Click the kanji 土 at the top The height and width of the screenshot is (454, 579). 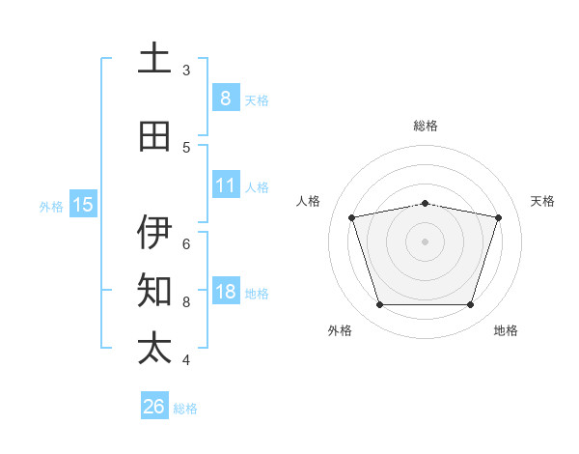pos(154,59)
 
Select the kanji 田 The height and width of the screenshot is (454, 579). pos(154,136)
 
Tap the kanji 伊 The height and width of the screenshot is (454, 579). pos(154,233)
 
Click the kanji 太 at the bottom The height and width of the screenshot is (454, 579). pos(154,349)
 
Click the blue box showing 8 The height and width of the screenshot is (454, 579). pos(225,99)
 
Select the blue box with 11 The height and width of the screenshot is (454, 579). pos(225,186)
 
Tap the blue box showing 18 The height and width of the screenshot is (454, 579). pos(225,293)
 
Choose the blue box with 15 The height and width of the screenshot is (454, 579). pos(83,205)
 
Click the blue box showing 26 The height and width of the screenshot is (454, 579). pos(153,407)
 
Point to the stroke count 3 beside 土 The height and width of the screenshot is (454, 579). pos(186,70)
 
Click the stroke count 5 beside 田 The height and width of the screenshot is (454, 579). pos(186,147)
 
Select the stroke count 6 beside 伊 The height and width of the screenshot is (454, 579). pos(186,243)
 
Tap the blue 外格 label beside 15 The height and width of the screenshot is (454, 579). pos(51,206)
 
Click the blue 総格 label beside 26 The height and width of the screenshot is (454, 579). pos(186,409)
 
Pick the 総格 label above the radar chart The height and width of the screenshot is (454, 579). pos(426,126)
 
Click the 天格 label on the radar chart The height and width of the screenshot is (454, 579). pos(542,201)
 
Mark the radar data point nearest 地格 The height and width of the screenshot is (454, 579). pos(470,305)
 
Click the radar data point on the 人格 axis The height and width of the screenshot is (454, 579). pos(352,217)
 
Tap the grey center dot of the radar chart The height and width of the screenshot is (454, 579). pos(425,241)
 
